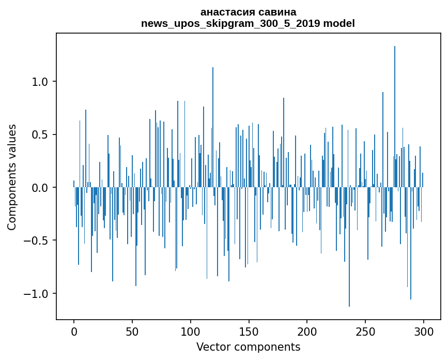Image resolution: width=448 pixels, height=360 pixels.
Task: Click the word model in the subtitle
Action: (x=339, y=23)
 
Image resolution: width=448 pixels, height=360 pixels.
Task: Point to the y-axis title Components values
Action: (x=12, y=177)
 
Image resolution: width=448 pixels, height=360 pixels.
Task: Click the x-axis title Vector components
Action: (x=248, y=347)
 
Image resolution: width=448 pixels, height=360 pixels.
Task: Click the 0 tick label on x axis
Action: (x=74, y=331)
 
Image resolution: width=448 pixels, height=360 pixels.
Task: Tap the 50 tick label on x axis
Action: (x=132, y=331)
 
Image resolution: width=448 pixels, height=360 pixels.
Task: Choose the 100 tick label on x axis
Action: (x=191, y=331)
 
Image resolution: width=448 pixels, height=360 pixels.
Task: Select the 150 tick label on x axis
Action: (x=249, y=331)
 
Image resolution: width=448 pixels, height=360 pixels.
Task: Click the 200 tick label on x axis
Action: (x=307, y=331)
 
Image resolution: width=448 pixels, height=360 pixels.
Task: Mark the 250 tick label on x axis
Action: (x=365, y=331)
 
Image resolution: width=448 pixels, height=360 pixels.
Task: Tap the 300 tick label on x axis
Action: (x=424, y=331)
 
